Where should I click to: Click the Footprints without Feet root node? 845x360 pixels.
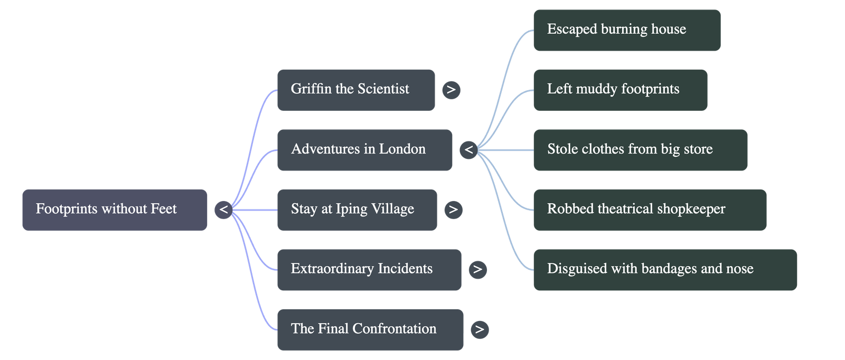[x=115, y=210]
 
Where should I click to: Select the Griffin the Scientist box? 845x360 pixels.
[x=355, y=90]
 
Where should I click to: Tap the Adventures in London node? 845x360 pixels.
[x=364, y=150]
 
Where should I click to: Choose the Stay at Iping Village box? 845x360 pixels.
[x=356, y=210]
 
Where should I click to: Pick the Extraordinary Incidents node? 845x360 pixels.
[x=368, y=270]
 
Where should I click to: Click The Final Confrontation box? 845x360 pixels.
[x=370, y=329]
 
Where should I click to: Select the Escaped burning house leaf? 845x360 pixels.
[x=626, y=30]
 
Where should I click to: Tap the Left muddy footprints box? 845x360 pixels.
[x=620, y=90]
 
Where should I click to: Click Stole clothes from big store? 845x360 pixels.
[x=640, y=150]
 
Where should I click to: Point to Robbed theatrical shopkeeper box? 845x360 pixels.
[x=650, y=210]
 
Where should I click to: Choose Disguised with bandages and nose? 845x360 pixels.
[x=665, y=270]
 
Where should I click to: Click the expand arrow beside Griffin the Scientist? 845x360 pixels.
[x=451, y=90]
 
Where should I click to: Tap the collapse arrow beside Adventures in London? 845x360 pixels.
[x=468, y=150]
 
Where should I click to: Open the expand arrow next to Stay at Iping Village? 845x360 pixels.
[x=453, y=210]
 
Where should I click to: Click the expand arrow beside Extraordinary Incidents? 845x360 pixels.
[x=477, y=270]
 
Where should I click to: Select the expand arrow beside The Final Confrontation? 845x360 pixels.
[x=480, y=329]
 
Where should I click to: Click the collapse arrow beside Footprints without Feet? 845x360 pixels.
[x=223, y=210]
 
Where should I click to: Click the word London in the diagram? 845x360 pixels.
[x=402, y=149]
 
